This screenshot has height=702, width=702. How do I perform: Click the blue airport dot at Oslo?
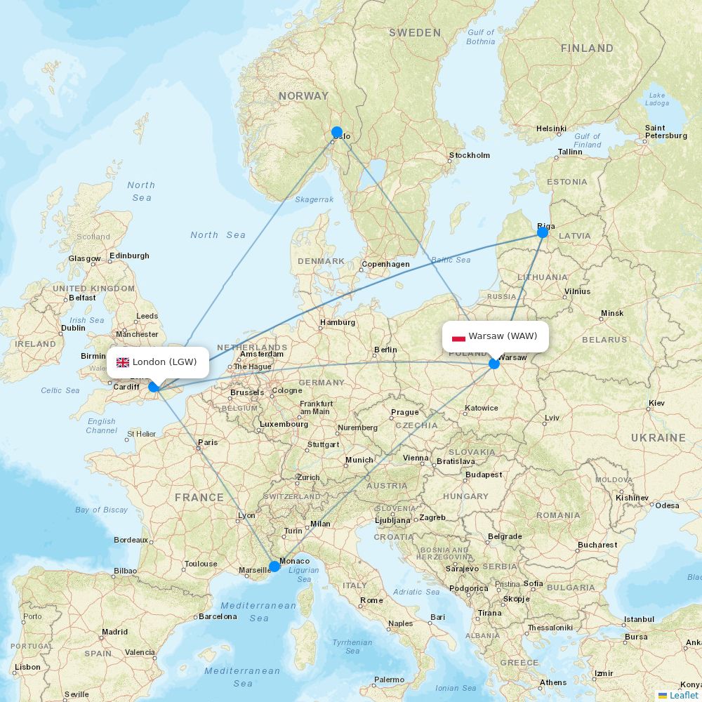pyautogui.click(x=337, y=132)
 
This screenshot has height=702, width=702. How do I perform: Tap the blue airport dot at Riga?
pyautogui.click(x=543, y=232)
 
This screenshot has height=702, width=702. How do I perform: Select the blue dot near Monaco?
pyautogui.click(x=274, y=566)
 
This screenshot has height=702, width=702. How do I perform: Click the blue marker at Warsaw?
pyautogui.click(x=494, y=363)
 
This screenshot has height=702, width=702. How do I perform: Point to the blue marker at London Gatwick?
pyautogui.click(x=154, y=386)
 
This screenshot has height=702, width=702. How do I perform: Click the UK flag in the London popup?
pyautogui.click(x=123, y=362)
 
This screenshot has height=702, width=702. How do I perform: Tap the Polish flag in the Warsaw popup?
pyautogui.click(x=458, y=336)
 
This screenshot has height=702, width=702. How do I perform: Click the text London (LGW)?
pyautogui.click(x=164, y=362)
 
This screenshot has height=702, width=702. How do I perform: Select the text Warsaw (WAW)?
pyautogui.click(x=503, y=336)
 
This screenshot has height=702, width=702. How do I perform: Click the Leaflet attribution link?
pyautogui.click(x=683, y=695)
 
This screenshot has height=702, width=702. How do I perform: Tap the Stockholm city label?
pyautogui.click(x=470, y=155)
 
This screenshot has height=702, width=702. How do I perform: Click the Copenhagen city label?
pyautogui.click(x=385, y=265)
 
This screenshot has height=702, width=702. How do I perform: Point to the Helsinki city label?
pyautogui.click(x=551, y=128)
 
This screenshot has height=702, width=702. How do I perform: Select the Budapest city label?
pyautogui.click(x=484, y=475)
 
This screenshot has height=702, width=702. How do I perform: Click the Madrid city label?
pyautogui.click(x=114, y=632)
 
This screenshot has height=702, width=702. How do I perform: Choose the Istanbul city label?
pyautogui.click(x=639, y=619)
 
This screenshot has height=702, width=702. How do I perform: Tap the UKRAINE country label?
pyautogui.click(x=658, y=438)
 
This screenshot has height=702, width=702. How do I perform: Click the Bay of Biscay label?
pyautogui.click(x=102, y=510)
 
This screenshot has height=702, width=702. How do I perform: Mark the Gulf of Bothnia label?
pyautogui.click(x=481, y=37)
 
